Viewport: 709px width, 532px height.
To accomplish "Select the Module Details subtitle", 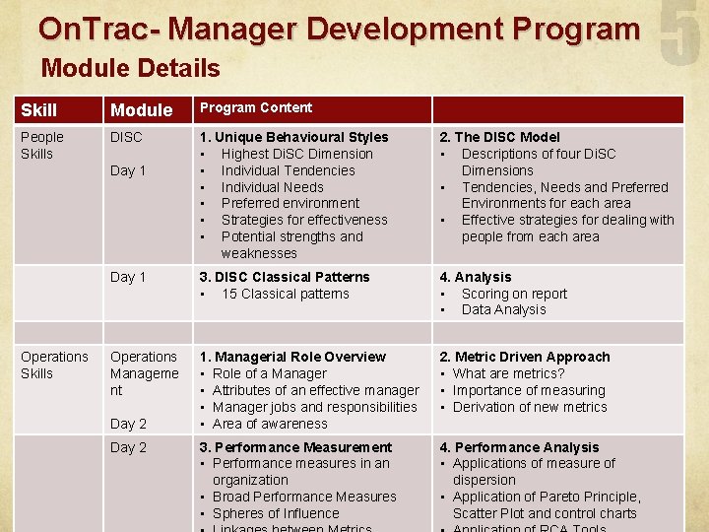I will point(130,68).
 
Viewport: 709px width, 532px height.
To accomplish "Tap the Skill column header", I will point(39,110).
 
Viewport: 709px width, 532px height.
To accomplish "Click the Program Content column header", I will point(256,108).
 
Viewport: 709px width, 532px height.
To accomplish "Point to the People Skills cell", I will point(42,146).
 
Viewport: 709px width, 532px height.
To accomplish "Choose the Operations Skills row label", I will point(54,365).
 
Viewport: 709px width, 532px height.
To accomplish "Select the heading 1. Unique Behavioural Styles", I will point(293,137).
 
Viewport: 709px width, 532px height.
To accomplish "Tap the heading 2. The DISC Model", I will point(499,137).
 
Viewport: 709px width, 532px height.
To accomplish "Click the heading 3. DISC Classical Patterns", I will point(285,277).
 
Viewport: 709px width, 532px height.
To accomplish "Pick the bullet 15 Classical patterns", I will point(285,294).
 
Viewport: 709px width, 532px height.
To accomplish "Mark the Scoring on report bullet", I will point(514,294).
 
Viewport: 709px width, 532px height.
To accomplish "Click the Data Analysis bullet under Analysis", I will point(503,309).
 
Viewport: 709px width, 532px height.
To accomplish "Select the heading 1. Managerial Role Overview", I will point(292,357).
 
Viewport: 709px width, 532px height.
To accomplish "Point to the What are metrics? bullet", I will point(508,373).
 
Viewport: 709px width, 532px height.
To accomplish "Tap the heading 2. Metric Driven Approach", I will point(525,357).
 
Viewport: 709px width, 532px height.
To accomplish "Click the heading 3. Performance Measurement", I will point(295,447).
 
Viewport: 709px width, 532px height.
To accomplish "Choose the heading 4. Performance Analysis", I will point(519,447).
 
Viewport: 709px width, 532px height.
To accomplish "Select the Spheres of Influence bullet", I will point(276,513).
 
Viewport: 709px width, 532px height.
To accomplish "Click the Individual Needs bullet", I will point(272,187).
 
